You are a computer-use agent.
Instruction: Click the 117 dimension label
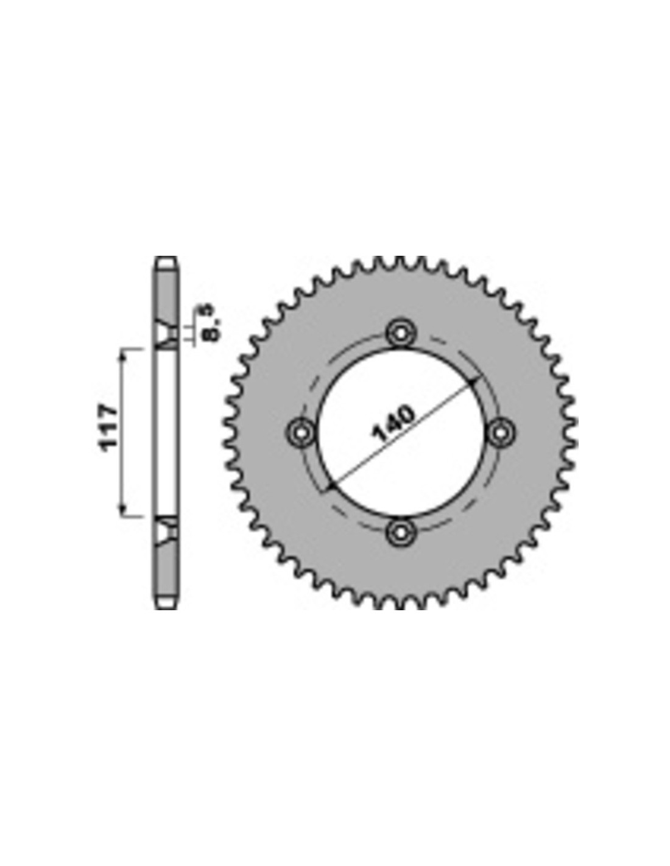tap(109, 428)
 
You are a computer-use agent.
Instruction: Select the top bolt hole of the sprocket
tap(400, 331)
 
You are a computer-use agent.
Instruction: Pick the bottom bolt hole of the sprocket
tap(400, 531)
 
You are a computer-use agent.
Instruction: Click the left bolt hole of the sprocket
tap(300, 432)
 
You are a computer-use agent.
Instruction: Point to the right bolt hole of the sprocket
tap(500, 432)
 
